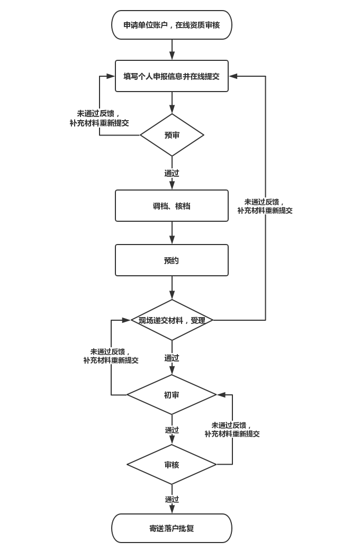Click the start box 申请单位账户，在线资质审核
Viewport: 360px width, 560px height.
[172, 25]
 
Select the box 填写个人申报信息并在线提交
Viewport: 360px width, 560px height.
[172, 76]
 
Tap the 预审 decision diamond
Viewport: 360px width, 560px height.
[172, 135]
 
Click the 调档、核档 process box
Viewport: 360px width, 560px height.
[172, 206]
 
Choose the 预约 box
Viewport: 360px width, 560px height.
[172, 260]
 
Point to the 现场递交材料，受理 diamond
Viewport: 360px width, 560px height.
[172, 320]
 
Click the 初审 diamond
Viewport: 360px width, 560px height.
[172, 395]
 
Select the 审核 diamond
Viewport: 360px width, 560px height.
[172, 465]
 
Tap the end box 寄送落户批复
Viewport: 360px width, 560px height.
[172, 528]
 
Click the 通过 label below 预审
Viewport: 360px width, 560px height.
[172, 173]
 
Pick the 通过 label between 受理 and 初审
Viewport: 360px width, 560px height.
[172, 358]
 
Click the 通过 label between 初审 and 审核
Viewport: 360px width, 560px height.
[172, 430]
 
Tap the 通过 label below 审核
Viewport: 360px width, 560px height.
[172, 499]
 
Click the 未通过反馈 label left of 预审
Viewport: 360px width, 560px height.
[99, 118]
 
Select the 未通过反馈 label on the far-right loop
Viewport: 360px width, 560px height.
[265, 206]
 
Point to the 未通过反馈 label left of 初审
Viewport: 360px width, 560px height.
[111, 356]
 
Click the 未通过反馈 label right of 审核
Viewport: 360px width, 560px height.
[232, 429]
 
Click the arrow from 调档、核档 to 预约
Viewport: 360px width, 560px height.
[172, 233]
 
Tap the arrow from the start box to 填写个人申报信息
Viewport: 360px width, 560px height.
[172, 50]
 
